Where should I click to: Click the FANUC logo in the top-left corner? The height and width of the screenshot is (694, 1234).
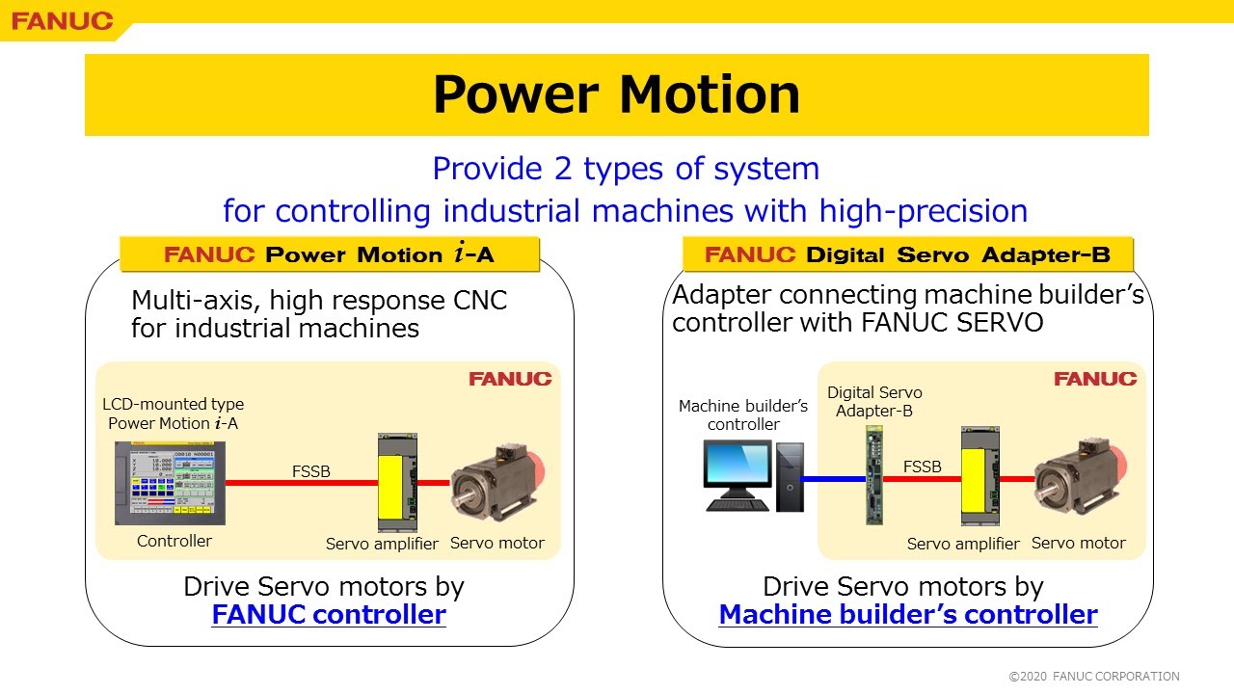coord(62,20)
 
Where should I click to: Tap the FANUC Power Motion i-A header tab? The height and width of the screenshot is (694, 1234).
coord(329,254)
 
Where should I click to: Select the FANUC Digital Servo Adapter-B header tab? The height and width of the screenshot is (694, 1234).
coord(907,254)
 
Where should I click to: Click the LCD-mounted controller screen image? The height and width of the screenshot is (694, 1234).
coord(170,483)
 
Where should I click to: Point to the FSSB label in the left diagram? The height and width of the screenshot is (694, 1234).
coord(310,471)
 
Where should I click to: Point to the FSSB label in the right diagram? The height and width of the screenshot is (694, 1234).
coord(922,467)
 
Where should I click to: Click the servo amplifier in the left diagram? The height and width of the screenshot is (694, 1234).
coord(397,482)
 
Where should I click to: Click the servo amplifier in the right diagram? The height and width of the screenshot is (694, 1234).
coord(979,478)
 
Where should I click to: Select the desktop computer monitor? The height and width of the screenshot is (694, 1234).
coord(738,468)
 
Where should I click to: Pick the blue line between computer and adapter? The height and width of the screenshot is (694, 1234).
coord(834,478)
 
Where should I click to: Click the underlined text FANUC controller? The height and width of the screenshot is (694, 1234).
coord(329,614)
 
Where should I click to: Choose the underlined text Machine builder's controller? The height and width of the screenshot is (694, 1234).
coord(908,614)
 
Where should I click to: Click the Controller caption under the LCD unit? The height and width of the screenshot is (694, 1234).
coord(174,541)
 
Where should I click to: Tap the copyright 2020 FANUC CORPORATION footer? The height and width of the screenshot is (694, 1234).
coord(1094,677)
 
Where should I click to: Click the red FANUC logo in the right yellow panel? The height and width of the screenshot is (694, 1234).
coord(1094,379)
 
